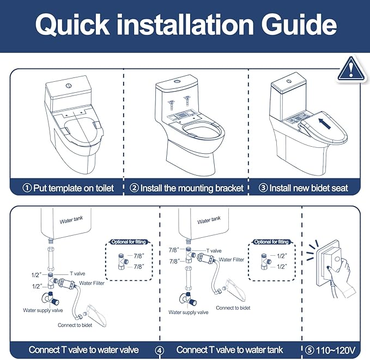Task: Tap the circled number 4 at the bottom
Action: (x=160, y=350)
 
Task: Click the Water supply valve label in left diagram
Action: (x=44, y=310)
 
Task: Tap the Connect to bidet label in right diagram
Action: (x=233, y=308)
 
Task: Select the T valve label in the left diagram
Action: (x=77, y=273)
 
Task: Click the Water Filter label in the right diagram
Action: (x=232, y=260)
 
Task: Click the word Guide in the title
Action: (x=300, y=25)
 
